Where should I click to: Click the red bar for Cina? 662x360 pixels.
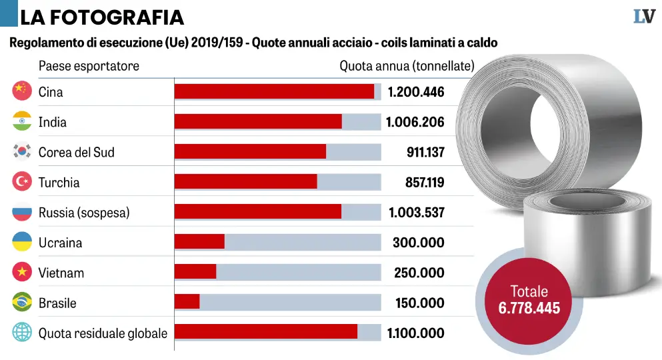pos(274,92)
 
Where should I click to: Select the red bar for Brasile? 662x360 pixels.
pos(187,302)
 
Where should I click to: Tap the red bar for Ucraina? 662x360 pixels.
pos(199,241)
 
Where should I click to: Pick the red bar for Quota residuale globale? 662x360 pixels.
pos(266,332)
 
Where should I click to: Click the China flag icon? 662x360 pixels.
pos(22,91)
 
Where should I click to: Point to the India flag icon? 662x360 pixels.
pos(22,122)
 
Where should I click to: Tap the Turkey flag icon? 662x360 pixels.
pos(22,182)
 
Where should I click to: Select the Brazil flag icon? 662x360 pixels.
pos(22,303)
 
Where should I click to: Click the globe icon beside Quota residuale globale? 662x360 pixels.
pos(22,333)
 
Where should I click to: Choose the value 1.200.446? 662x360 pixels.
pos(416,92)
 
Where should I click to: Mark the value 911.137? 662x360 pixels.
pos(425,152)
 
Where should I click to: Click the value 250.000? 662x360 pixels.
pos(419,273)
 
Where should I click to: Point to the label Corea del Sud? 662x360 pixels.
pos(77,152)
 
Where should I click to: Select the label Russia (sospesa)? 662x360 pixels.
pos(84,213)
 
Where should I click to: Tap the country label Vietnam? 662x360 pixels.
pos(61,273)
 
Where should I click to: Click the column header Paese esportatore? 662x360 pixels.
pos(89,66)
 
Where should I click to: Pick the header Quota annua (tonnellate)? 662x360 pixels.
pos(407,66)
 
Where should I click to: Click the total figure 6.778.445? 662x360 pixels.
pos(529,308)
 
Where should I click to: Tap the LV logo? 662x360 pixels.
pos(644,17)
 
